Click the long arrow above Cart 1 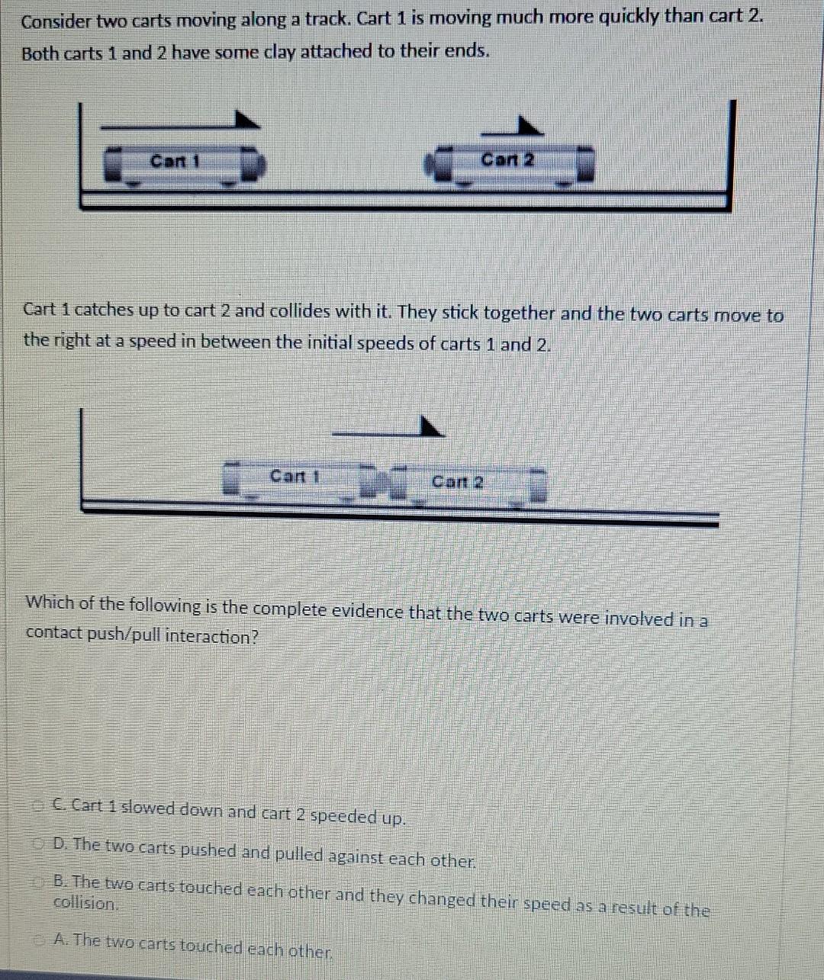pyautogui.click(x=180, y=124)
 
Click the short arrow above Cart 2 pyautogui.click(x=513, y=128)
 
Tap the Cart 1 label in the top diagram pyautogui.click(x=175, y=162)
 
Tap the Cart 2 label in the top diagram pyautogui.click(x=507, y=160)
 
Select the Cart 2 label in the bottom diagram pyautogui.click(x=457, y=482)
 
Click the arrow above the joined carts pyautogui.click(x=388, y=429)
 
